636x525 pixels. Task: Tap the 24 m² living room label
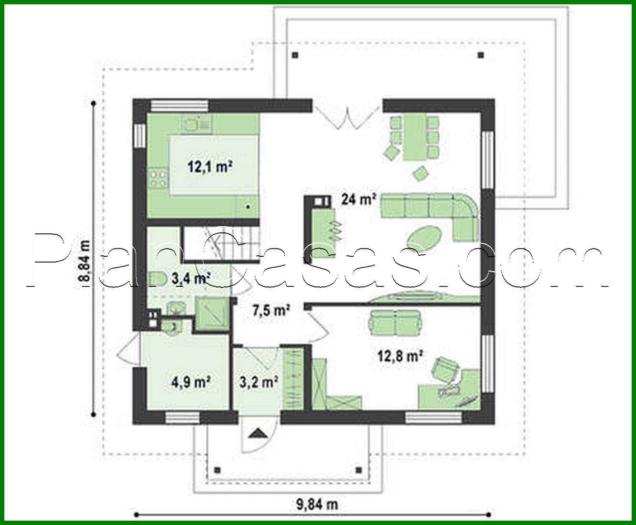pos(358,199)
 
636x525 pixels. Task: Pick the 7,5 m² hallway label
pos(271,311)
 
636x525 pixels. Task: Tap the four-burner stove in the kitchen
pos(159,178)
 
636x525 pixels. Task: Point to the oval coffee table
pos(424,237)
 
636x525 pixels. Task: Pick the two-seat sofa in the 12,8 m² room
pos(395,321)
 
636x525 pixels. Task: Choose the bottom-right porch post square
pos(358,469)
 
